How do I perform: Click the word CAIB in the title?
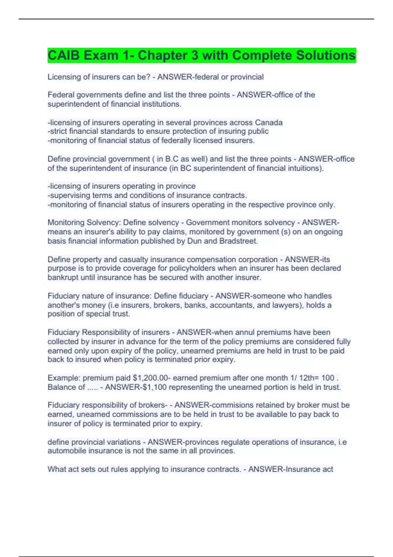coord(64,55)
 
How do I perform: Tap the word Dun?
coord(195,241)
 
